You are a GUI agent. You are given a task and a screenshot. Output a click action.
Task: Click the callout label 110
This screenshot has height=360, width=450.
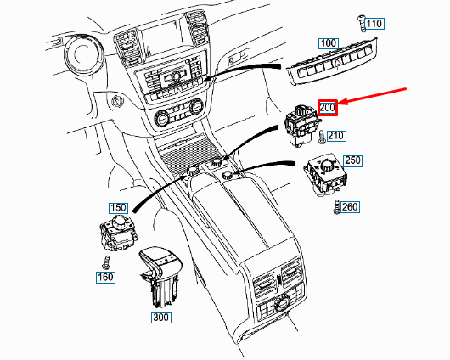click(x=374, y=24)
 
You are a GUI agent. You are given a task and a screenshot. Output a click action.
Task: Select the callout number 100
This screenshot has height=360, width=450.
click(x=328, y=42)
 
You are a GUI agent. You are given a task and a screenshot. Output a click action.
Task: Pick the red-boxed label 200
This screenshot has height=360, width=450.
click(x=328, y=107)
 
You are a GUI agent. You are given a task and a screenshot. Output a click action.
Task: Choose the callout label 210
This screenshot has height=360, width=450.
click(x=337, y=136)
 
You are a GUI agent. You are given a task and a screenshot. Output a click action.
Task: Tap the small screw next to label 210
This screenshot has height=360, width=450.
click(x=322, y=136)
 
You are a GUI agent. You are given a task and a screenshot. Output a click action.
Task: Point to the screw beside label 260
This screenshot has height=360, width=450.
click(x=337, y=205)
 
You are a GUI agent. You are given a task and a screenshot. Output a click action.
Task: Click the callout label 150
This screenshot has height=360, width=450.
click(x=117, y=207)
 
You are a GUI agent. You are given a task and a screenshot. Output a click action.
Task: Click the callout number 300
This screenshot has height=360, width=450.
click(x=160, y=318)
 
